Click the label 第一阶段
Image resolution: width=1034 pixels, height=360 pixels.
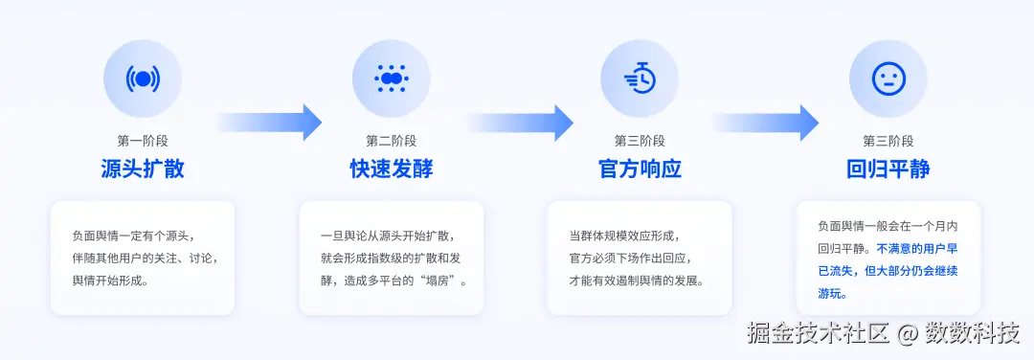coord(143,140)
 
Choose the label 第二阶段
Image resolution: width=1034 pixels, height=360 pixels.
coord(391,140)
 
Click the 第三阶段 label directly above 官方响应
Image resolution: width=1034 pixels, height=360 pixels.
coord(640,140)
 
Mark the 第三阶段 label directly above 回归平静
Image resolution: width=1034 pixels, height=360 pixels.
coord(888,140)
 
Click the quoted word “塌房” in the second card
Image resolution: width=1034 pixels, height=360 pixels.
coord(433,281)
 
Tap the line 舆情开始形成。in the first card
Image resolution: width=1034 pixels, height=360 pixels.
coord(110,281)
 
